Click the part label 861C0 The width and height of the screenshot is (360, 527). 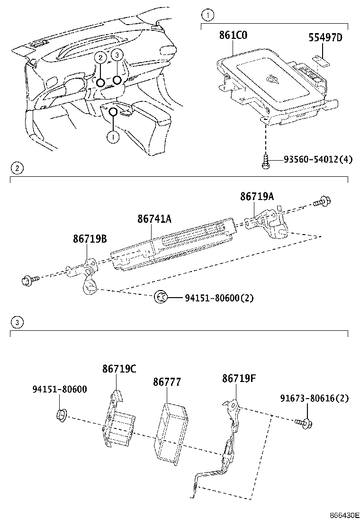coord(233,35)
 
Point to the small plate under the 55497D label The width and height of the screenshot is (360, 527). coord(324,60)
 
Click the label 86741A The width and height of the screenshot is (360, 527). coord(154,219)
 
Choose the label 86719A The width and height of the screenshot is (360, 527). coord(257,196)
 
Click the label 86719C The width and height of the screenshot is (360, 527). coord(119,369)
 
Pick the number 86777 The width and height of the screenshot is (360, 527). coord(167,382)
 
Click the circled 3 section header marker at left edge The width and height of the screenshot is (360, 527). coord(17,322)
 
